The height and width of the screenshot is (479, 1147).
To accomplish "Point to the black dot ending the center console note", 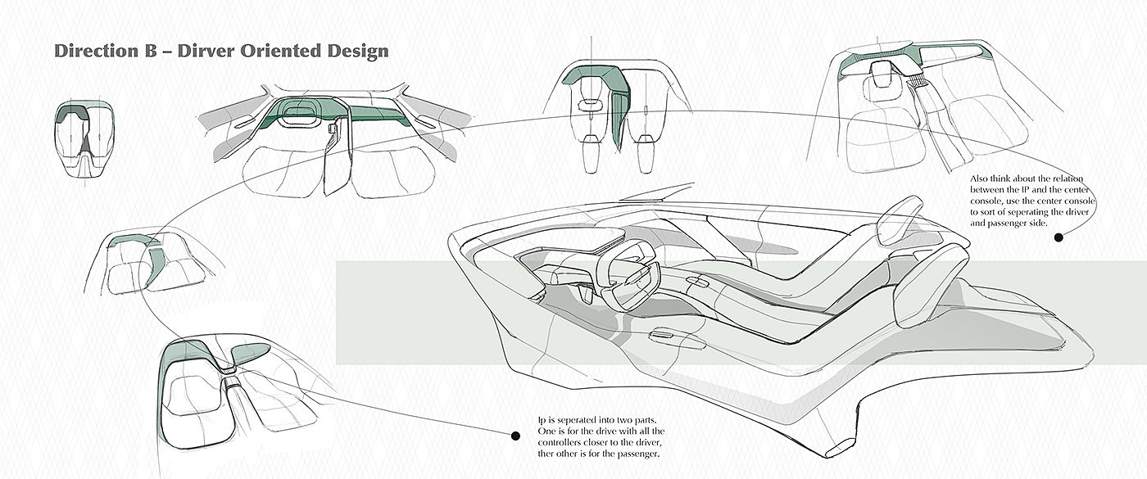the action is [x=1059, y=237].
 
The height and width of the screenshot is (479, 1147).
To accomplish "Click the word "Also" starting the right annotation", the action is [x=981, y=177].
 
